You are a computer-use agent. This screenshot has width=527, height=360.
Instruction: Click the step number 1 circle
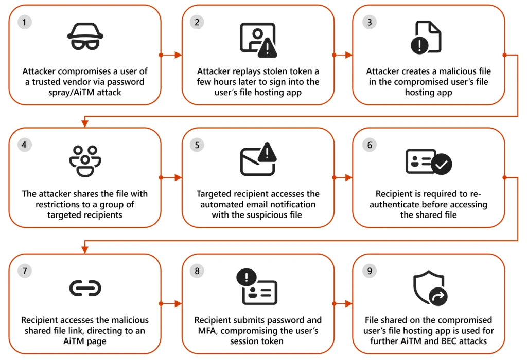click(x=24, y=23)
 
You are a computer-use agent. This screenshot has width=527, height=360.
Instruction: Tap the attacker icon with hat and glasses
click(x=85, y=37)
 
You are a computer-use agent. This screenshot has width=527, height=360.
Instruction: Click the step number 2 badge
click(x=197, y=23)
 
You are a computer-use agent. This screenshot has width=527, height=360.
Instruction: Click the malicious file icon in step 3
click(x=426, y=37)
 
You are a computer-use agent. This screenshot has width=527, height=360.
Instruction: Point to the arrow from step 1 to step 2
click(x=171, y=55)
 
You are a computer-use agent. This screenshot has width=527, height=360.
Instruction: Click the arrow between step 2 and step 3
click(x=343, y=55)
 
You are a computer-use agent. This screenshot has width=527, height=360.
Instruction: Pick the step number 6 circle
click(x=368, y=146)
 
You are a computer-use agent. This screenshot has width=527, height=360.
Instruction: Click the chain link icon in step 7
click(x=85, y=289)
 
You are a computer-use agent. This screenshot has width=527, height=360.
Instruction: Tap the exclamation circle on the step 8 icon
click(x=247, y=278)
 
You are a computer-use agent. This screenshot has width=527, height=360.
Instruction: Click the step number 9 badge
click(x=368, y=272)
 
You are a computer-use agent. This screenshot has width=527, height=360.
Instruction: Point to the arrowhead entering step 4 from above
click(x=85, y=123)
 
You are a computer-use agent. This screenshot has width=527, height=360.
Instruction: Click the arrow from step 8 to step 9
click(x=343, y=303)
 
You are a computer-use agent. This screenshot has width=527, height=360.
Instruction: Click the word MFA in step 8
click(x=205, y=330)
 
